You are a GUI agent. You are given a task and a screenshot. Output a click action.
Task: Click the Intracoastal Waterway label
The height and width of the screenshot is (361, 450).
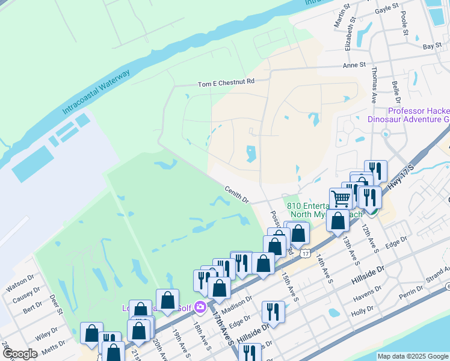click(x=96, y=93)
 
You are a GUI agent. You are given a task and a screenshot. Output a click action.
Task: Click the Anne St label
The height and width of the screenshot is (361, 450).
click(x=354, y=65)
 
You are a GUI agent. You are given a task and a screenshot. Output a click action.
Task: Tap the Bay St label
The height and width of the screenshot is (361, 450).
click(x=432, y=46)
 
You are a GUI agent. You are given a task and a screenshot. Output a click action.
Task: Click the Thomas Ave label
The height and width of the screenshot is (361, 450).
click(x=374, y=89)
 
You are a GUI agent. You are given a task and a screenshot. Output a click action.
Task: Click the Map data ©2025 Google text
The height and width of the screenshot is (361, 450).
click(x=413, y=356)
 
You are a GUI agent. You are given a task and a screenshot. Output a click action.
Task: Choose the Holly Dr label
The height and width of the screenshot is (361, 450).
click(x=363, y=312)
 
